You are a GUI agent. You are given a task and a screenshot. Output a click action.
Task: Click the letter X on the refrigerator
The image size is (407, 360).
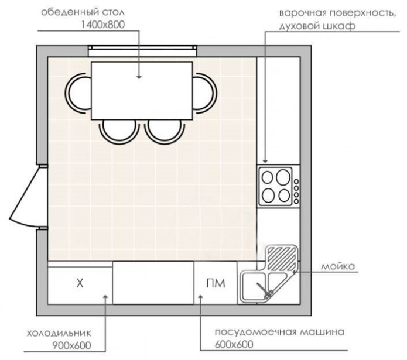pyautogui.click(x=80, y=284)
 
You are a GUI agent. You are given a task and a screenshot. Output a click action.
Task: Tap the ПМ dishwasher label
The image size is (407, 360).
pyautogui.click(x=215, y=284)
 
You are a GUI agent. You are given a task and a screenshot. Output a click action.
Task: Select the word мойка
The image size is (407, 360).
pyautogui.click(x=338, y=267)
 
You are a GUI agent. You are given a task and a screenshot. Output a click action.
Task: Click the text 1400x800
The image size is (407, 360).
pyautogui.click(x=103, y=24)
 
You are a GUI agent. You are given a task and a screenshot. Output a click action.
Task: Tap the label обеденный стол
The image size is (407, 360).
pyautogui.click(x=83, y=12)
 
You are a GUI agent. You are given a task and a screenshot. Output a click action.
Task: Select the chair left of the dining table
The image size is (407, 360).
pyautogui.click(x=78, y=92)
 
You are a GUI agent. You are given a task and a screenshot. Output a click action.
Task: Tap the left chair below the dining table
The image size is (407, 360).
pyautogui.click(x=119, y=130)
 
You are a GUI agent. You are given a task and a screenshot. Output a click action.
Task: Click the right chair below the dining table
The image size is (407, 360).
pyautogui.click(x=164, y=130)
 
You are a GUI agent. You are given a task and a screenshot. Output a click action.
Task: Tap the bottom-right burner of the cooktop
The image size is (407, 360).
pyautogui.click(x=284, y=195)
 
